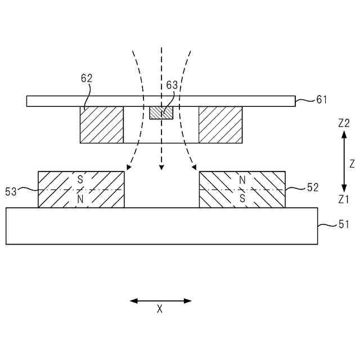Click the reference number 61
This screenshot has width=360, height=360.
click(x=321, y=100)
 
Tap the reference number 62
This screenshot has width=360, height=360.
click(x=86, y=79)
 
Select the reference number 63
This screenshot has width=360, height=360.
click(x=172, y=85)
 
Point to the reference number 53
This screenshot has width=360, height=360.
click(x=11, y=191)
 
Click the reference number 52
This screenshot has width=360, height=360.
click(x=313, y=188)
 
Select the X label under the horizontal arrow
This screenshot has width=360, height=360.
click(x=160, y=309)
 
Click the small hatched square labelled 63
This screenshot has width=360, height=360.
click(x=161, y=112)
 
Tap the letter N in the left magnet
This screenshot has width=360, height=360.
click(x=80, y=199)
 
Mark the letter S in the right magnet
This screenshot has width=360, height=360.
click(x=242, y=199)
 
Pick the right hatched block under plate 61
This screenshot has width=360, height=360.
click(x=220, y=125)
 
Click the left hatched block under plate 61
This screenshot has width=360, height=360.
click(x=102, y=125)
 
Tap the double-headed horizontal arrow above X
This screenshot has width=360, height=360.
click(x=161, y=301)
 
